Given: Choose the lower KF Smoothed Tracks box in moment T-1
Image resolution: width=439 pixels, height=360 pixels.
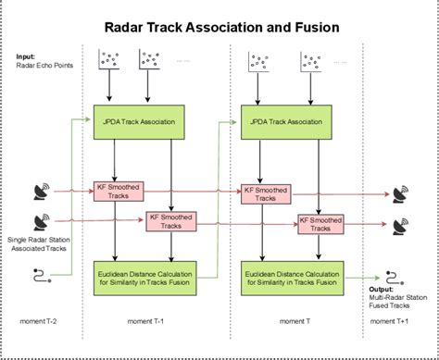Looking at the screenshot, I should [169, 221].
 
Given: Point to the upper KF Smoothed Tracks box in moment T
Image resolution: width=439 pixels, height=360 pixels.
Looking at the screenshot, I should [264, 194].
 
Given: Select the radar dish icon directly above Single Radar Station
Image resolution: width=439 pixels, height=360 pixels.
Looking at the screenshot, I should [42, 222].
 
